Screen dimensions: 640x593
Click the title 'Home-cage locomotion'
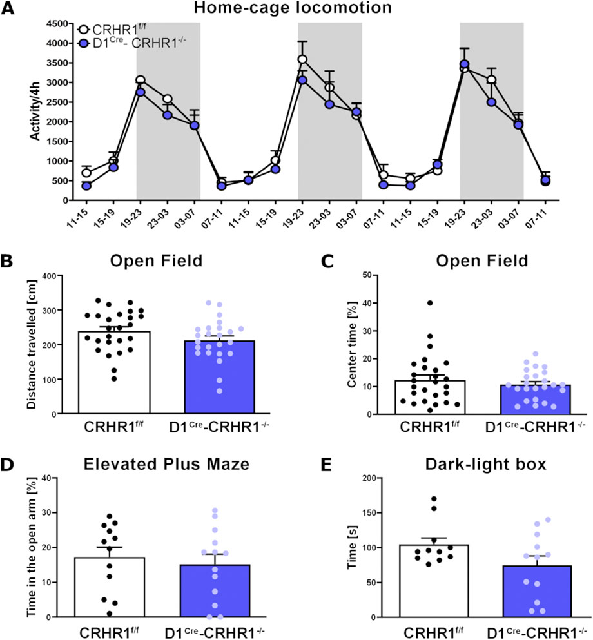click(296, 10)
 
